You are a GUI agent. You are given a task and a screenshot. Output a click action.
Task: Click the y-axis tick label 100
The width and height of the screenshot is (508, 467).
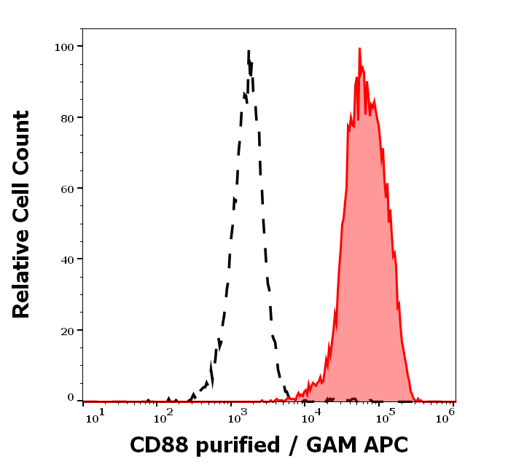point(64,47)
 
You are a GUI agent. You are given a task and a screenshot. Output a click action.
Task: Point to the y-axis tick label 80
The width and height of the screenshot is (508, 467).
point(67,117)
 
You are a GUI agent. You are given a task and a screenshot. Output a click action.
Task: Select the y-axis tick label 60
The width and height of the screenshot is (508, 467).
point(67,189)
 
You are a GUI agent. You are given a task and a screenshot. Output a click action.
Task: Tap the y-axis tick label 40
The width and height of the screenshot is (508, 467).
point(67,259)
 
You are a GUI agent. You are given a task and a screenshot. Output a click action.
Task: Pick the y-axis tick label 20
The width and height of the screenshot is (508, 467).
point(67,331)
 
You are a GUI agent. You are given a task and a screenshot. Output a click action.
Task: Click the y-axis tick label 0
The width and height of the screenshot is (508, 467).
point(71,399)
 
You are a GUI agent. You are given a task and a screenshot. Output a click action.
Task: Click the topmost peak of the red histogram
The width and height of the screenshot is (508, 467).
point(359,49)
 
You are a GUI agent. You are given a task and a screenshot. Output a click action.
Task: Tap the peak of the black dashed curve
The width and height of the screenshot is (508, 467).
point(249,51)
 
